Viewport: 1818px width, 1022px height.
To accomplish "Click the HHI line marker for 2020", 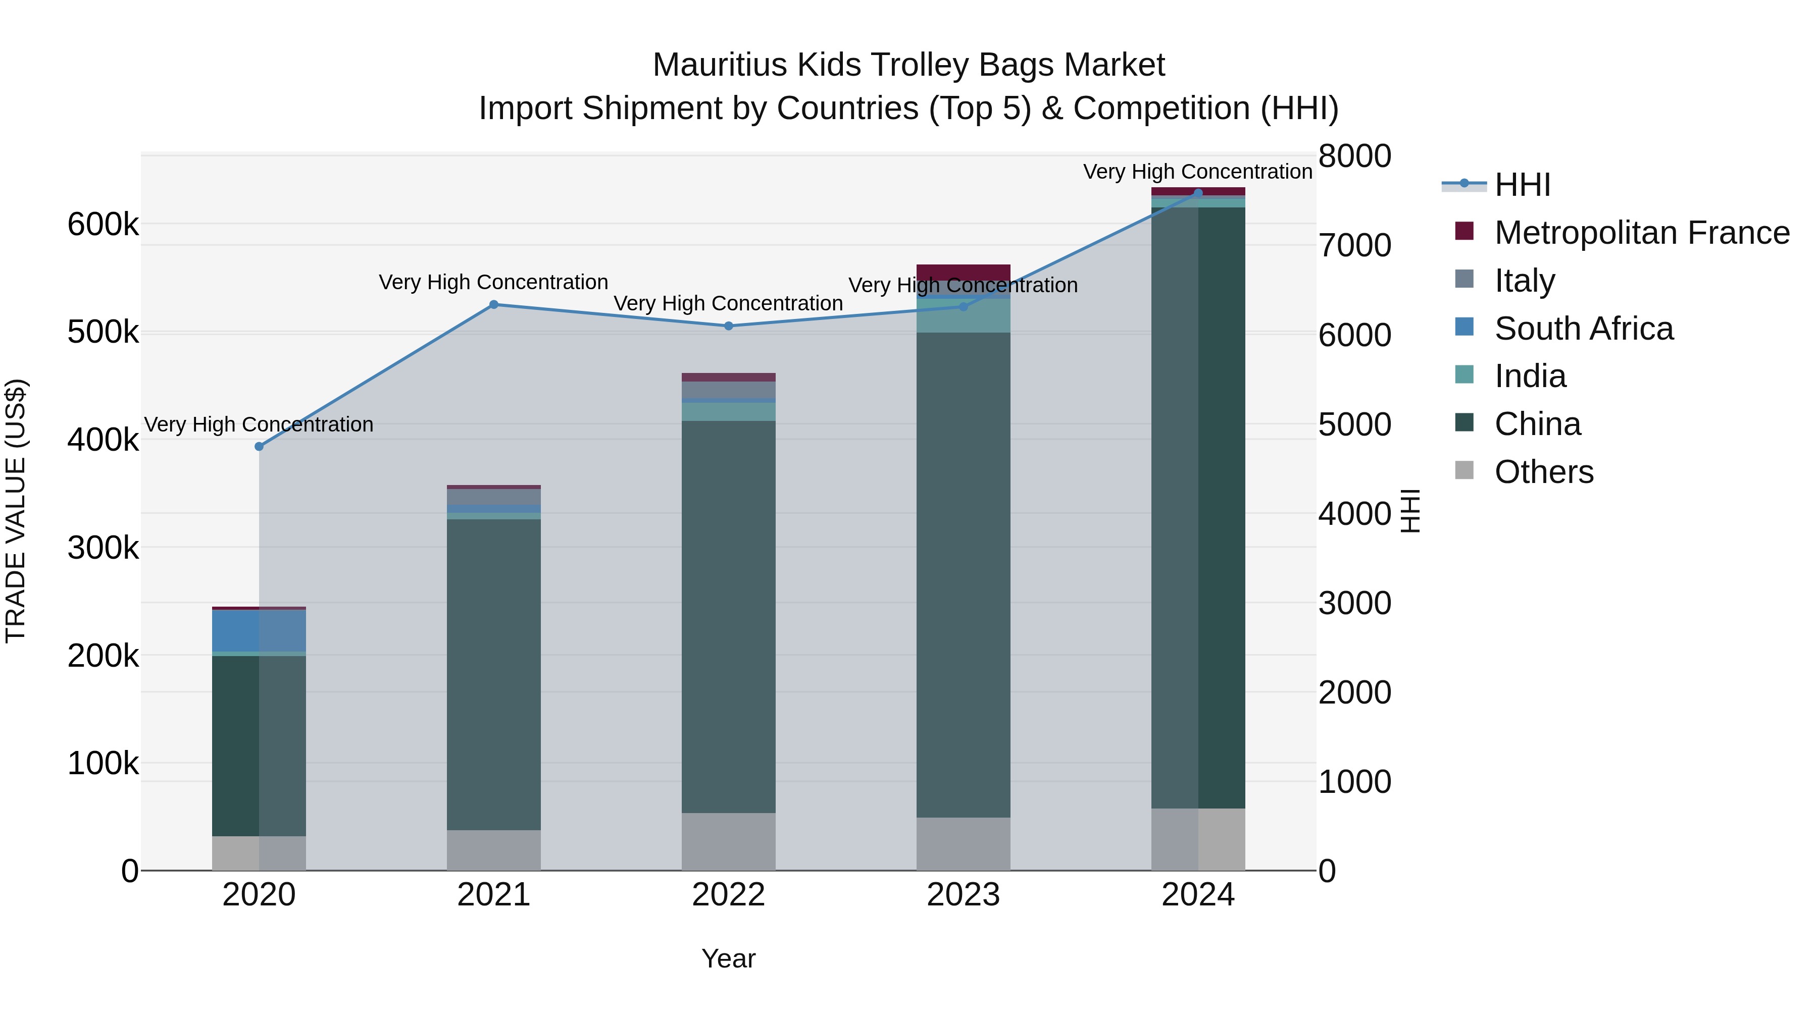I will pyautogui.click(x=259, y=447).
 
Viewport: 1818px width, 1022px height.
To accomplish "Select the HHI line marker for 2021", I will pyautogui.click(x=494, y=305).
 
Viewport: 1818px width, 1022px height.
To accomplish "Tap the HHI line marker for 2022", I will pyautogui.click(x=729, y=326).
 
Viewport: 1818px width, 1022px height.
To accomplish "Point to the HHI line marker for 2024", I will pyautogui.click(x=1198, y=193).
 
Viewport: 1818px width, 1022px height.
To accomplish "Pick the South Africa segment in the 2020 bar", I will pyautogui.click(x=259, y=631).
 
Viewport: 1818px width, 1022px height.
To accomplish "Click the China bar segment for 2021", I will pyautogui.click(x=494, y=674).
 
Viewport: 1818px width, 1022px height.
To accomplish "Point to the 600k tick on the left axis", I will pyautogui.click(x=103, y=225).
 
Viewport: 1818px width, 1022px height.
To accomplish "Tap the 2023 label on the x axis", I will pyautogui.click(x=964, y=895).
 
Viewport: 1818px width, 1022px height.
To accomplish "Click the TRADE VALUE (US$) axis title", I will pyautogui.click(x=16, y=511).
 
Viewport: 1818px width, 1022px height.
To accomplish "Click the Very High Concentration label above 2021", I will pyautogui.click(x=493, y=282).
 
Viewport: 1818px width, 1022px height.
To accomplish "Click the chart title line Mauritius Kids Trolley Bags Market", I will pyautogui.click(x=908, y=65).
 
